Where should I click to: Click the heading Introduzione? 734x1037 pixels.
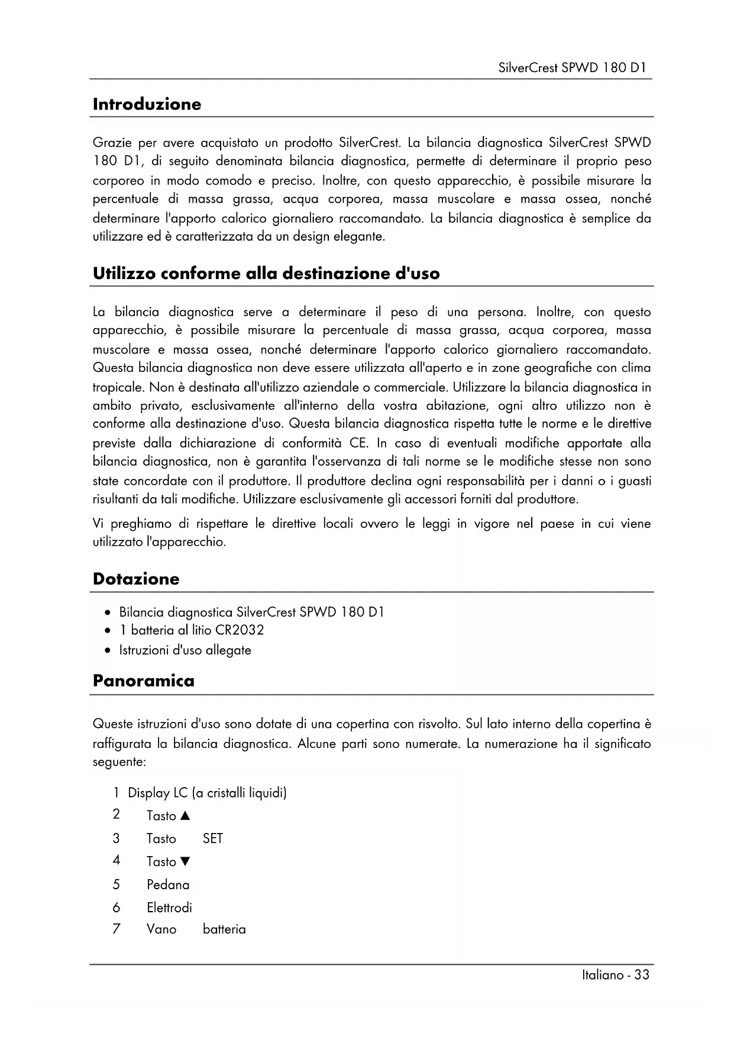pyautogui.click(x=147, y=104)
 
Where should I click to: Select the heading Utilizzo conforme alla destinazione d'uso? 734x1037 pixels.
pyautogui.click(x=266, y=274)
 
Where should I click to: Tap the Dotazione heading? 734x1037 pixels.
pyautogui.click(x=135, y=579)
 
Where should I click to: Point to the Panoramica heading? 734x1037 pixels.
pyautogui.click(x=143, y=680)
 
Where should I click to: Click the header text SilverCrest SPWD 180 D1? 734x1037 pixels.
pyautogui.click(x=572, y=67)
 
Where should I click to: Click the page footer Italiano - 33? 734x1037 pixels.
pyautogui.click(x=615, y=975)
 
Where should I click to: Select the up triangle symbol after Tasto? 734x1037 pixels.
pyautogui.click(x=185, y=816)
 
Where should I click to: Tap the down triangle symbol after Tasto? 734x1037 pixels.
pyautogui.click(x=185, y=862)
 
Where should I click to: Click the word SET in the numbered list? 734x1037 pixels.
pyautogui.click(x=212, y=838)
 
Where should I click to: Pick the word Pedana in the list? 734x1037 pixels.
pyautogui.click(x=168, y=884)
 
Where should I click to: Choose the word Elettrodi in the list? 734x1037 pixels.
pyautogui.click(x=169, y=908)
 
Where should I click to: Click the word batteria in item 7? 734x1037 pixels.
pyautogui.click(x=224, y=929)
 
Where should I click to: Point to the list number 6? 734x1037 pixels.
pyautogui.click(x=117, y=908)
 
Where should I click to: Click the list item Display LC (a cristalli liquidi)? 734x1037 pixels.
pyautogui.click(x=207, y=793)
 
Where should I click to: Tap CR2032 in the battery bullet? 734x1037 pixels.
pyautogui.click(x=240, y=630)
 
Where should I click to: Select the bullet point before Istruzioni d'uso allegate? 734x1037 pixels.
pyautogui.click(x=107, y=651)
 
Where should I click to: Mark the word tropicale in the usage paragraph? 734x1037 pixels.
pyautogui.click(x=118, y=388)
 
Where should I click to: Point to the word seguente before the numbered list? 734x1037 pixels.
pyautogui.click(x=118, y=762)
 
